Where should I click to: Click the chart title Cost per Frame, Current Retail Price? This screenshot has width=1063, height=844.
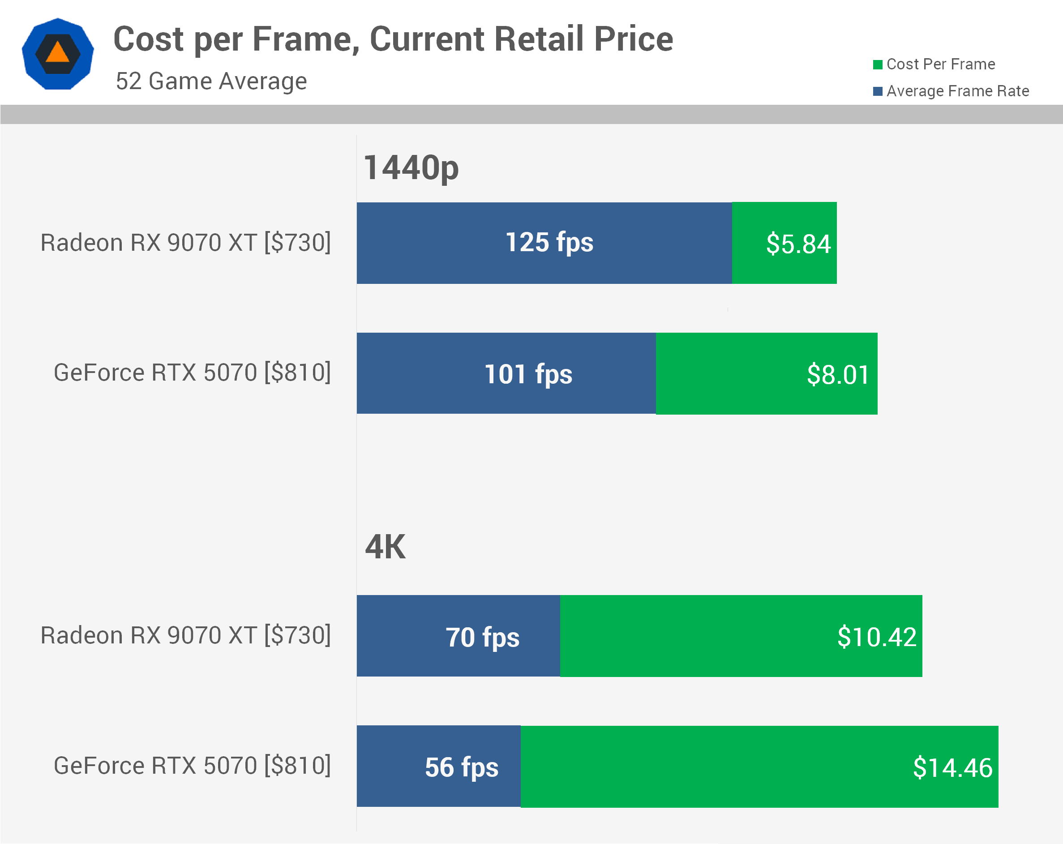point(393,39)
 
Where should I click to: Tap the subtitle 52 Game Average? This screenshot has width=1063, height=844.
point(211,81)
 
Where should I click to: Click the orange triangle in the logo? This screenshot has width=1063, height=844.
point(58,52)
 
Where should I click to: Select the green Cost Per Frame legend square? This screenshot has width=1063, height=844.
point(878,64)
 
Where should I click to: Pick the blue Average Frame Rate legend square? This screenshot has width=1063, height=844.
point(878,91)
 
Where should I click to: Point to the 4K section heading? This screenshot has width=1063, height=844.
point(385,547)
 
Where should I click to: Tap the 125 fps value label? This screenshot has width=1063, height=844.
point(549,243)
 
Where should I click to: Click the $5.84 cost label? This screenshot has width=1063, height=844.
point(798,244)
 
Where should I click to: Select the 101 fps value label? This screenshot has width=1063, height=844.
point(528,374)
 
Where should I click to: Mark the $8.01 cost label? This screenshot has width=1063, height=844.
point(838,375)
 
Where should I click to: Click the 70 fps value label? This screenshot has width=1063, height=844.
point(482,638)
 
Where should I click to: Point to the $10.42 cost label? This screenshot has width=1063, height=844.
point(877,637)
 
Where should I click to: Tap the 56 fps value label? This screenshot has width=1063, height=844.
point(462,767)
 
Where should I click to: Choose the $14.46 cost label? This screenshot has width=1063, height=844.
point(952,767)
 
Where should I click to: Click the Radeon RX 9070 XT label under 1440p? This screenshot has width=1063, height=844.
point(185,243)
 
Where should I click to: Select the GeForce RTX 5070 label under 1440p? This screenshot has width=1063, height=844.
point(192,373)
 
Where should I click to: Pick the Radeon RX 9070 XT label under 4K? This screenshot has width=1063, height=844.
point(185,635)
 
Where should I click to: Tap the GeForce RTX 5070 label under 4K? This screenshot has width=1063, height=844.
point(192,766)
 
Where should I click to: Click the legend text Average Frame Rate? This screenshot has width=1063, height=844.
point(957,91)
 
